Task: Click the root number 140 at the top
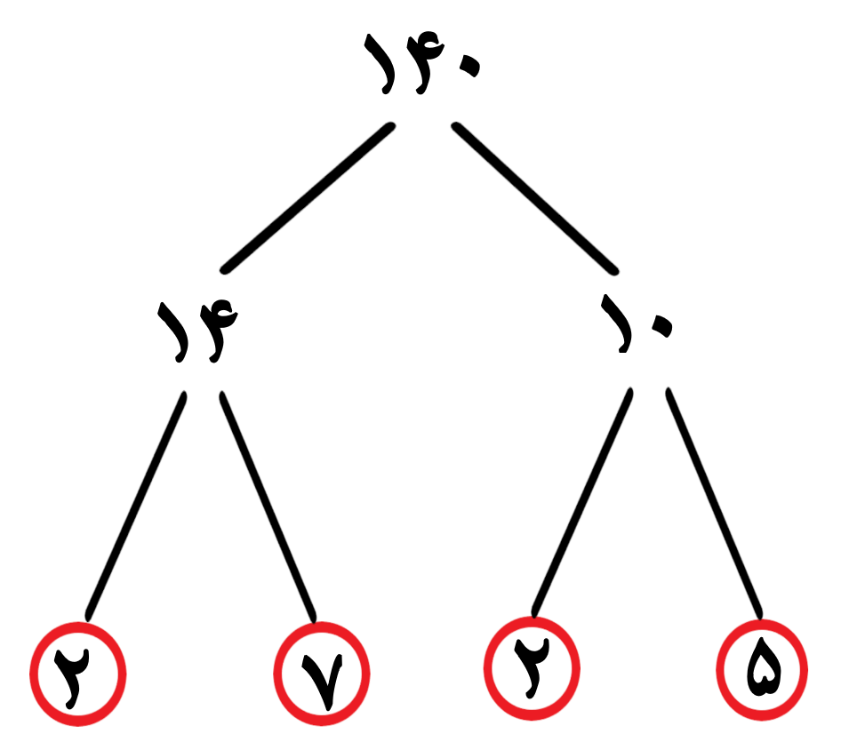[x=421, y=63]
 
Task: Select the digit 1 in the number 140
[x=380, y=64]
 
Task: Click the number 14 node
[x=197, y=331]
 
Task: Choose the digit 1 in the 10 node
[x=618, y=323]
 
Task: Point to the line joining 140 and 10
[x=535, y=198]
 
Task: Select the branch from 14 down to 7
[x=268, y=507]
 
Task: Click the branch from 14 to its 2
[x=136, y=507]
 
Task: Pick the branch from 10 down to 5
[x=714, y=504]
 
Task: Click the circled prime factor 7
[x=321, y=674]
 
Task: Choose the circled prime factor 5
[x=762, y=670]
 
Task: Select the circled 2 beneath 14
[x=77, y=674]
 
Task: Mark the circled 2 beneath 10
[x=532, y=668]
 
